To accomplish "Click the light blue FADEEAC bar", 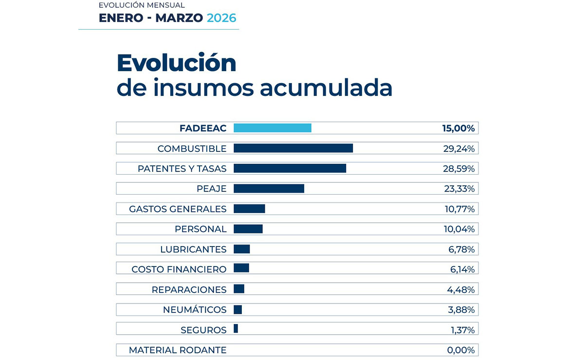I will coord(272,128).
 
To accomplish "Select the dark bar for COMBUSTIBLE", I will coord(293,148).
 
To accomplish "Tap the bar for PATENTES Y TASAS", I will coord(290,168).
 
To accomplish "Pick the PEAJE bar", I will coord(269,188).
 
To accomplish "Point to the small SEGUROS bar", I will coord(236,329).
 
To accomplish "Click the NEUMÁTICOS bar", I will coord(238,309).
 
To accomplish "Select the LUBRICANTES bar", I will coord(241,249).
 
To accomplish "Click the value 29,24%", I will coord(458,148).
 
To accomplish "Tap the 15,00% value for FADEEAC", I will coord(458,128).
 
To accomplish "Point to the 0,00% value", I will coord(460,350).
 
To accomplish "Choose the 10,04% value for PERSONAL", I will coord(459,229).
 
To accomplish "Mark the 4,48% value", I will coord(460,289).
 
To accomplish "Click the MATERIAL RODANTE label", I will coord(178,350).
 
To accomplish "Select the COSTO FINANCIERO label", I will coord(179,269).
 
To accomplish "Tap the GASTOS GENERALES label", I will coord(178,209).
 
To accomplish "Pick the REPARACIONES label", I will coord(189,289).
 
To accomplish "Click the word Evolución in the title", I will coord(176,63).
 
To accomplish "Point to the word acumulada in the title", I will coord(326,88).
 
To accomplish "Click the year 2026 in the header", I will coord(221,18).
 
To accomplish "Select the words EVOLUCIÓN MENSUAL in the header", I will coord(142,5).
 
